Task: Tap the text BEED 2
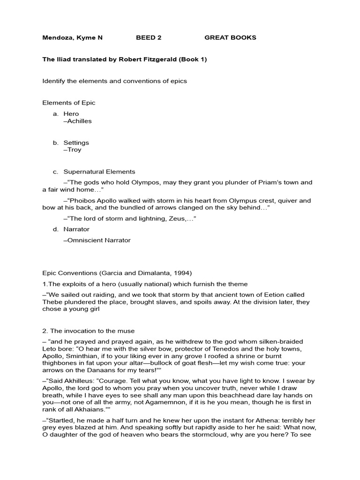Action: point(149,37)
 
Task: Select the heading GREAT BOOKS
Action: point(230,37)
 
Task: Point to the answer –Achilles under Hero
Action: point(77,121)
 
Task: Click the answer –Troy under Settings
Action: point(72,150)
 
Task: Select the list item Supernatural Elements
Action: point(99,172)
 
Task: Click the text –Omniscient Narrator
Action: point(97,240)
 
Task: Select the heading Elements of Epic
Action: point(69,103)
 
